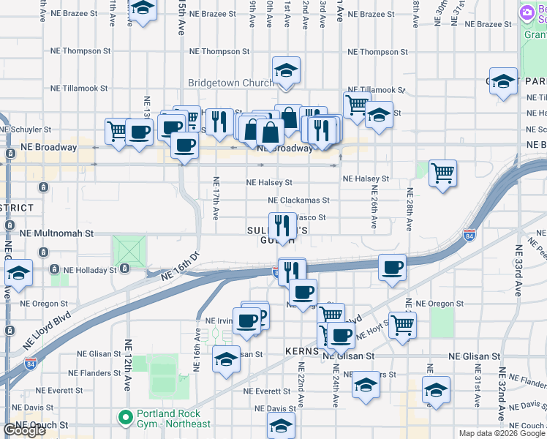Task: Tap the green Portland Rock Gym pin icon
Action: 126,419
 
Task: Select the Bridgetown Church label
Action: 231,83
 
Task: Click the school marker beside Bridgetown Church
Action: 286,71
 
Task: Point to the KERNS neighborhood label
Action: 301,353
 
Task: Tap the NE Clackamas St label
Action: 298,200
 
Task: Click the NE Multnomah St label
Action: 58,233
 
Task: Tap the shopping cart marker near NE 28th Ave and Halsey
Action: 442,173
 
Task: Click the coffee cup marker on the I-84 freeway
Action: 393,268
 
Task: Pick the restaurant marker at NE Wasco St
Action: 282,225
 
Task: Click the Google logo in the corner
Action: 24,430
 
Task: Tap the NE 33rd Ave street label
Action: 518,270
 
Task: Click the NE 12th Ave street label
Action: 129,364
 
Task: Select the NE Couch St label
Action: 44,424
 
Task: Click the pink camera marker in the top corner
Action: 527,13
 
